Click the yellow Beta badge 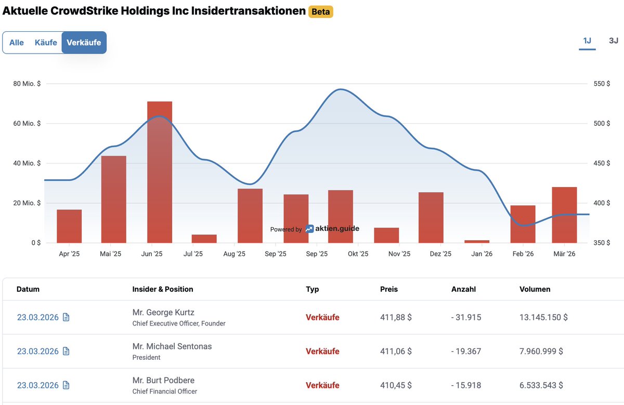pyautogui.click(x=320, y=11)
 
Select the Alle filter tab pyautogui.click(x=17, y=43)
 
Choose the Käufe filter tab pyautogui.click(x=46, y=43)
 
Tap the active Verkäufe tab pyautogui.click(x=84, y=43)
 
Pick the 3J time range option pyautogui.click(x=613, y=41)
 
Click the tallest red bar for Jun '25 pyautogui.click(x=159, y=172)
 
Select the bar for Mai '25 pyautogui.click(x=113, y=199)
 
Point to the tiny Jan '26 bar pyautogui.click(x=477, y=241)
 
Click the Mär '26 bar pyautogui.click(x=564, y=215)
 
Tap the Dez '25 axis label pyautogui.click(x=440, y=254)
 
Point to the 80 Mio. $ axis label pyautogui.click(x=27, y=84)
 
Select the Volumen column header pyautogui.click(x=535, y=289)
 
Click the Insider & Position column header pyautogui.click(x=163, y=289)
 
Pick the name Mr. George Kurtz pyautogui.click(x=163, y=312)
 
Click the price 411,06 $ pyautogui.click(x=396, y=351)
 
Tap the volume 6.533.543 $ pyautogui.click(x=541, y=385)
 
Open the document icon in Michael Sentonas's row pyautogui.click(x=66, y=351)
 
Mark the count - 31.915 pyautogui.click(x=466, y=317)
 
